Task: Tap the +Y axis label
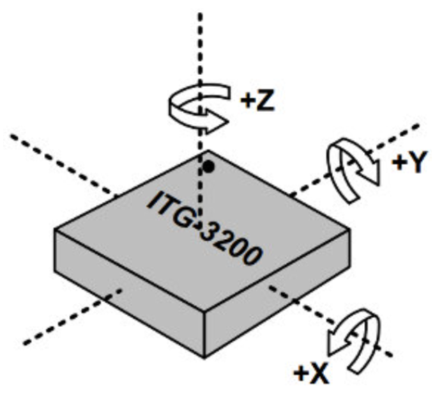409,162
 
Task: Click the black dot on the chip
209,166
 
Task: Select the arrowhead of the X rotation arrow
337,340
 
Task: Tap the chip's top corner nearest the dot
208,150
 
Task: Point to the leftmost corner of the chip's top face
54,230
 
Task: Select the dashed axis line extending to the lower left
72,317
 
